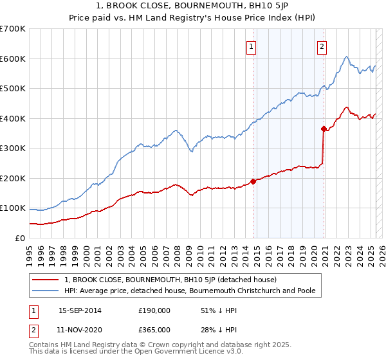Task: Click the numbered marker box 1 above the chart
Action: click(250, 46)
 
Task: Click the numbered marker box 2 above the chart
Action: click(321, 46)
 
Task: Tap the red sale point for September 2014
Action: click(253, 181)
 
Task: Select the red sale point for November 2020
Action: click(324, 129)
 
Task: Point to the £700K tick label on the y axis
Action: click(13, 29)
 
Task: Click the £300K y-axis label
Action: click(13, 148)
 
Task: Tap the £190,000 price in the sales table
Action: click(154, 310)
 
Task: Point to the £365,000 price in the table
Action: click(154, 329)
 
